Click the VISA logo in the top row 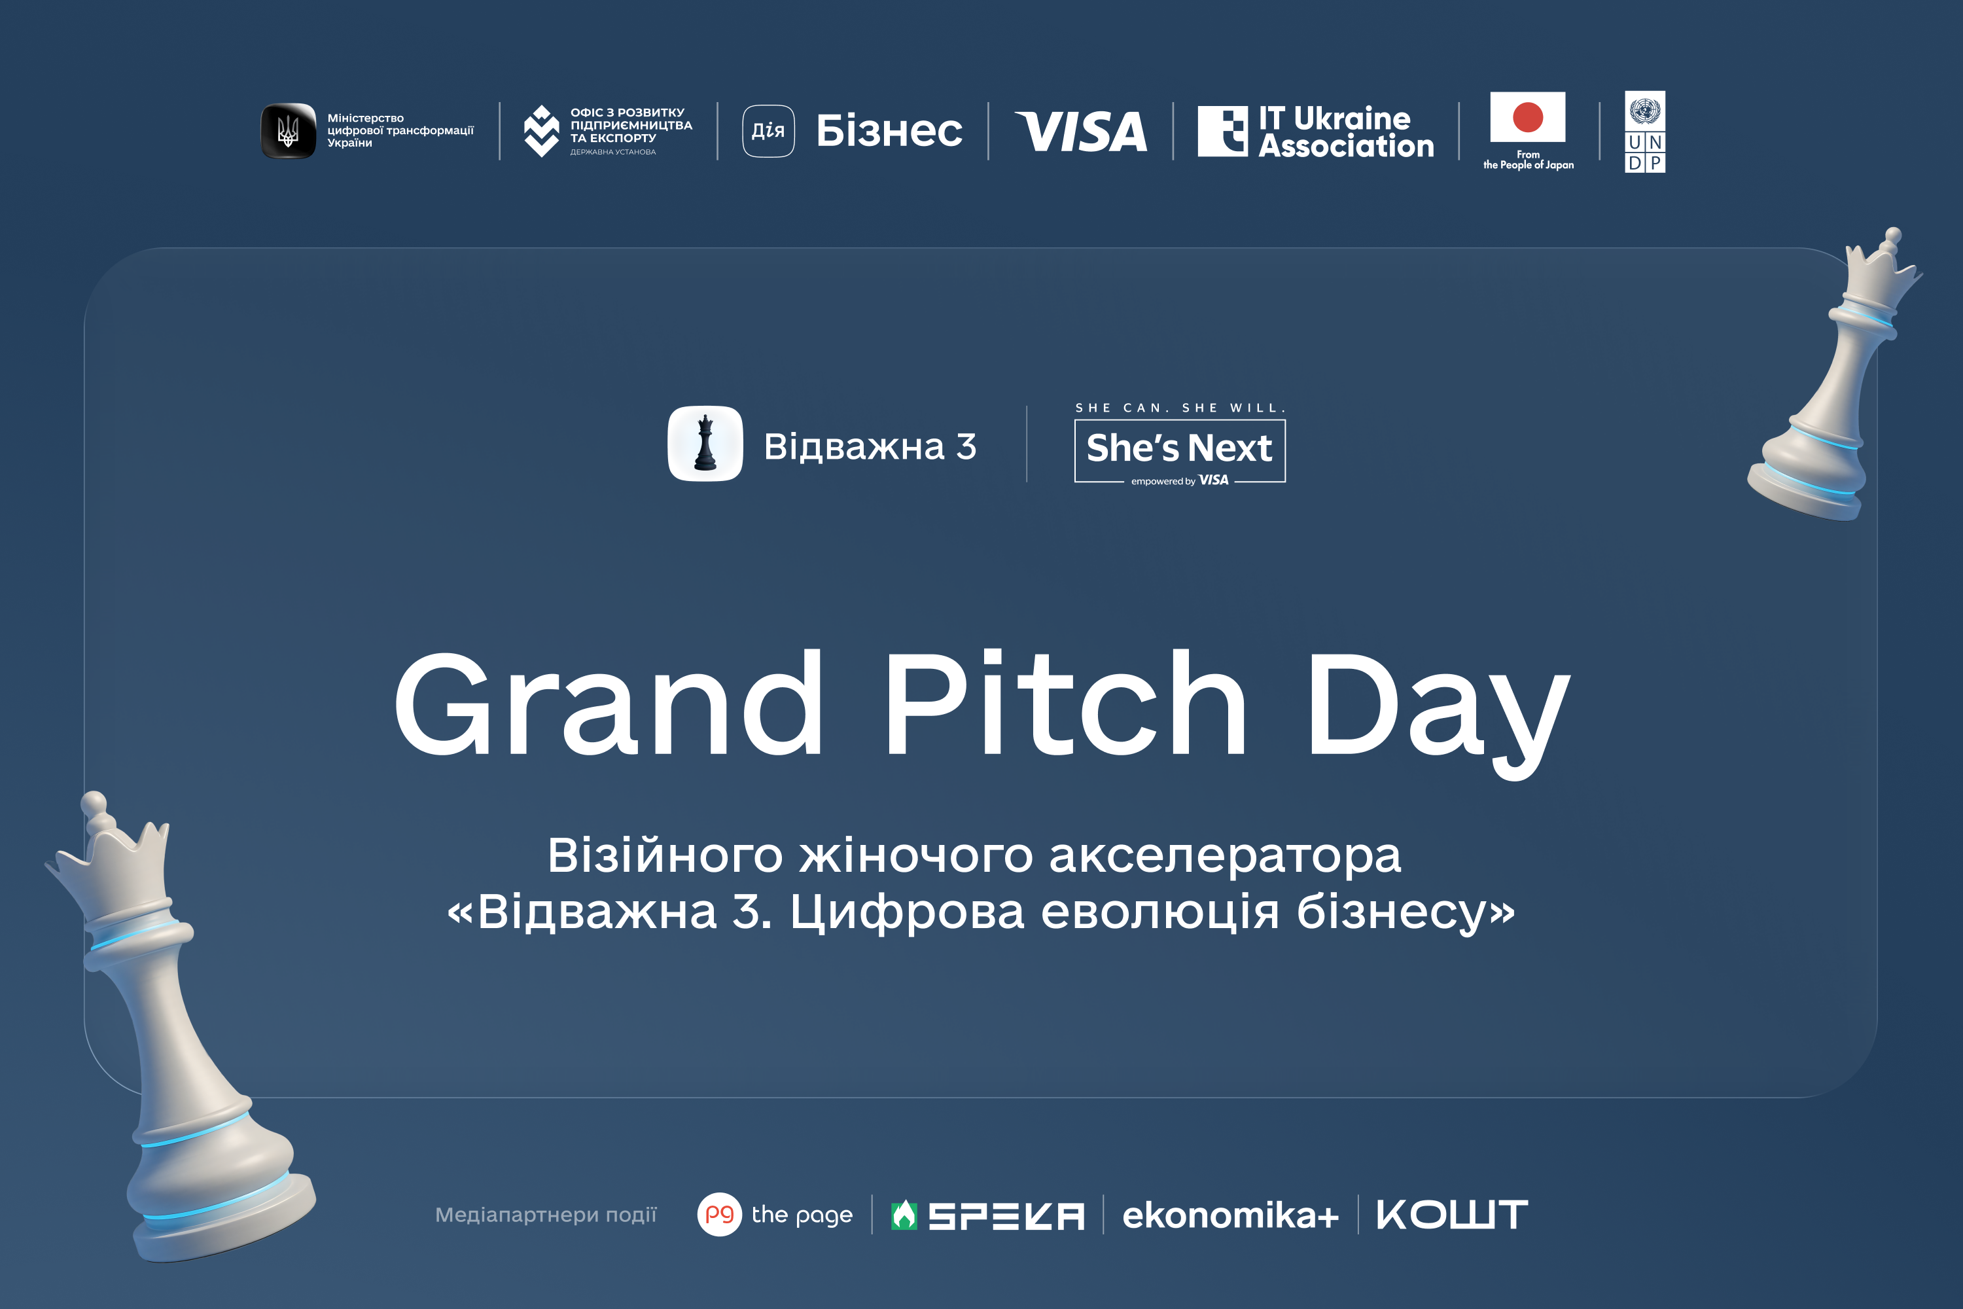pos(1081,131)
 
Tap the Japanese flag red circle pos(1527,117)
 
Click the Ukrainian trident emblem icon pos(289,131)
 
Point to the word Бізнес pos(889,131)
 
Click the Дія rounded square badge pos(768,131)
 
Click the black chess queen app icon pos(705,443)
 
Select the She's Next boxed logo pos(1179,451)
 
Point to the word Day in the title pos(1438,714)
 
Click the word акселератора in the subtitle pos(1224,855)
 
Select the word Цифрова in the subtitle pos(907,912)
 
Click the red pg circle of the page pos(719,1215)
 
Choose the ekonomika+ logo pos(1231,1215)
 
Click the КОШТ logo pos(1452,1215)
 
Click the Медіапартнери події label pos(546,1215)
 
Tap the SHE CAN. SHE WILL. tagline pos(1180,407)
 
